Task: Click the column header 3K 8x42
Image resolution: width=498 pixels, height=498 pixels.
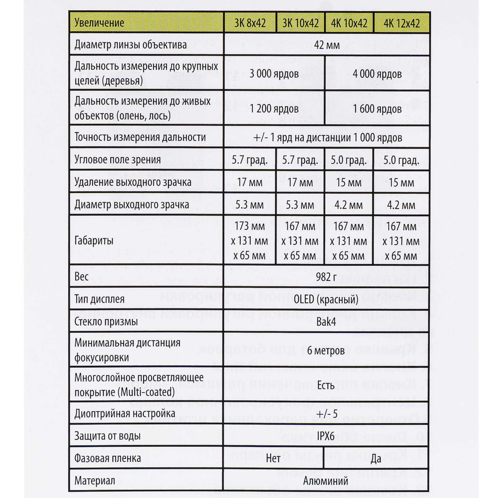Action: click(250, 23)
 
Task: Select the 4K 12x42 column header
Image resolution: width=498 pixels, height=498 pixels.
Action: click(401, 23)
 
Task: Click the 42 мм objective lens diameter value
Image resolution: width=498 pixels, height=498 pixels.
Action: click(327, 45)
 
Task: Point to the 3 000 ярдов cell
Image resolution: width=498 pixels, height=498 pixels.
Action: click(274, 74)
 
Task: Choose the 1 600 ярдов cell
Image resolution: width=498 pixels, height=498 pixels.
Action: click(377, 109)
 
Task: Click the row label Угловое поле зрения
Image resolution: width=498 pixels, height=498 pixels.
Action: click(117, 160)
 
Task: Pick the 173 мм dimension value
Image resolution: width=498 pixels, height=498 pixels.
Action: click(250, 226)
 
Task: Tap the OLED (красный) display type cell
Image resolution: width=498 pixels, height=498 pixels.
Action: click(326, 299)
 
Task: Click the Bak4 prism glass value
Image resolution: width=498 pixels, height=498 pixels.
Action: click(326, 322)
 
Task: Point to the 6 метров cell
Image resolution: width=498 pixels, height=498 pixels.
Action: click(326, 350)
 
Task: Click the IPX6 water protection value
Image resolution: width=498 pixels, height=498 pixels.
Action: click(326, 436)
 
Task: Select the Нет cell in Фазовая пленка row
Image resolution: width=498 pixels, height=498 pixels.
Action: click(273, 458)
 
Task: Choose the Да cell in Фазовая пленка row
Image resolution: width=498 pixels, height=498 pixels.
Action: click(376, 458)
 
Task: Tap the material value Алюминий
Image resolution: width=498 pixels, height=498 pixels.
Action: click(326, 481)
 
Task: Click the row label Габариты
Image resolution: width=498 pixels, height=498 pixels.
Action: click(94, 241)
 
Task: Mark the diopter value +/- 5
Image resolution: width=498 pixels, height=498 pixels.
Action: click(327, 414)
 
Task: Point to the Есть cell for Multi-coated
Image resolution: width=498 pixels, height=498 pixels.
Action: click(326, 385)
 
